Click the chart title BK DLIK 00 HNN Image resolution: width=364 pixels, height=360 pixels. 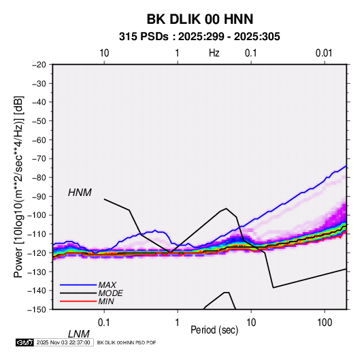[x=199, y=19]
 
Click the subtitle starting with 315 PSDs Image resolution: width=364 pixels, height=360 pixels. [x=199, y=37]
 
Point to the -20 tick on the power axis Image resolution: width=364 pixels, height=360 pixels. [x=39, y=65]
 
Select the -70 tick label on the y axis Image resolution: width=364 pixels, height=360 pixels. [x=39, y=159]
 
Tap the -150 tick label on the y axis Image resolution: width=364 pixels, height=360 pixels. [x=37, y=310]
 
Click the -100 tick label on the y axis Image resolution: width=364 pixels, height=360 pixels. [x=37, y=215]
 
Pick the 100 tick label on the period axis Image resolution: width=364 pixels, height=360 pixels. [x=325, y=323]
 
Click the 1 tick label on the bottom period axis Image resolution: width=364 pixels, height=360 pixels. [x=178, y=323]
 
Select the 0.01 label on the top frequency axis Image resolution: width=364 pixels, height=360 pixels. [x=324, y=53]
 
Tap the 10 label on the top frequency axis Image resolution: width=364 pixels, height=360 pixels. [x=104, y=53]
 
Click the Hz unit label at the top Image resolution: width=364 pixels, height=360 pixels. [x=214, y=53]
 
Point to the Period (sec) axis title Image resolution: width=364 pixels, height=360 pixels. [x=214, y=330]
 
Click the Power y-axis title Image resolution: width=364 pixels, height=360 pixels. [x=18, y=186]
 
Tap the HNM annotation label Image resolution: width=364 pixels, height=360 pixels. [x=80, y=193]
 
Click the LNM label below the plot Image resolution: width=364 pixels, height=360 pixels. [x=79, y=334]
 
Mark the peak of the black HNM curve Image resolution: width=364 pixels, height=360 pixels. [x=226, y=208]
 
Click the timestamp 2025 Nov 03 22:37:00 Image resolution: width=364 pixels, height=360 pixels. [x=63, y=342]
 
